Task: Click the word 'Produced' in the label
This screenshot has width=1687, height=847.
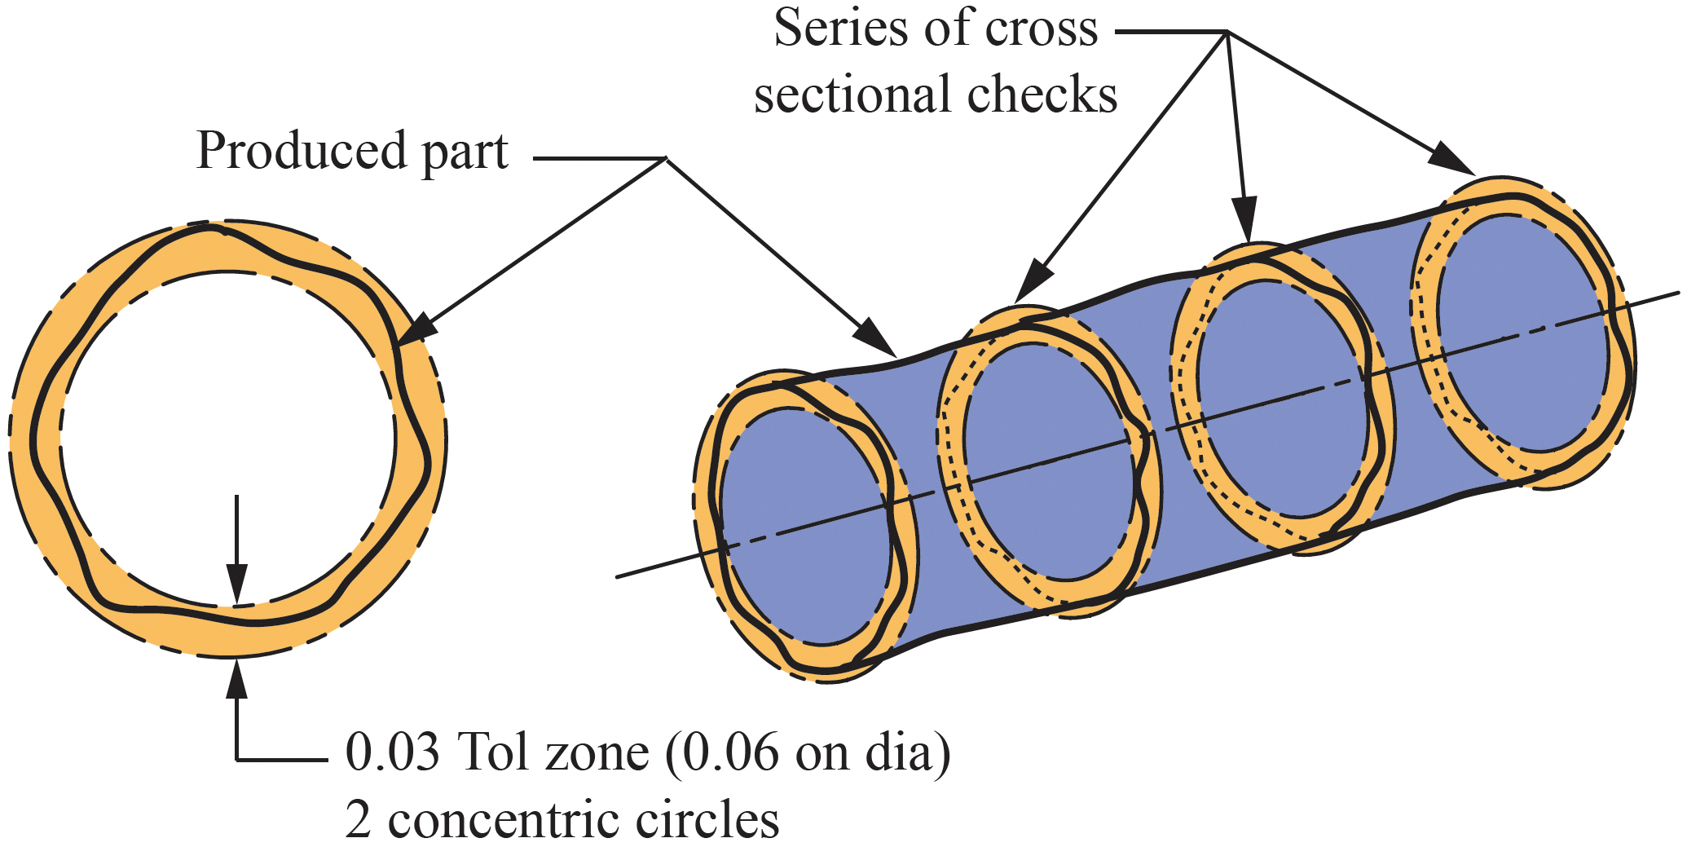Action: click(302, 151)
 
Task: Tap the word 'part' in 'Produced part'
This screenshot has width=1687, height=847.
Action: click(465, 153)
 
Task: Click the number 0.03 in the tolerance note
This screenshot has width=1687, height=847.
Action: click(393, 752)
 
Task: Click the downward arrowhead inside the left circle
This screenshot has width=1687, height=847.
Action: click(236, 587)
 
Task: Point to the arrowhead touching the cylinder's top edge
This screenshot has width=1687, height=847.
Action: click(877, 339)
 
